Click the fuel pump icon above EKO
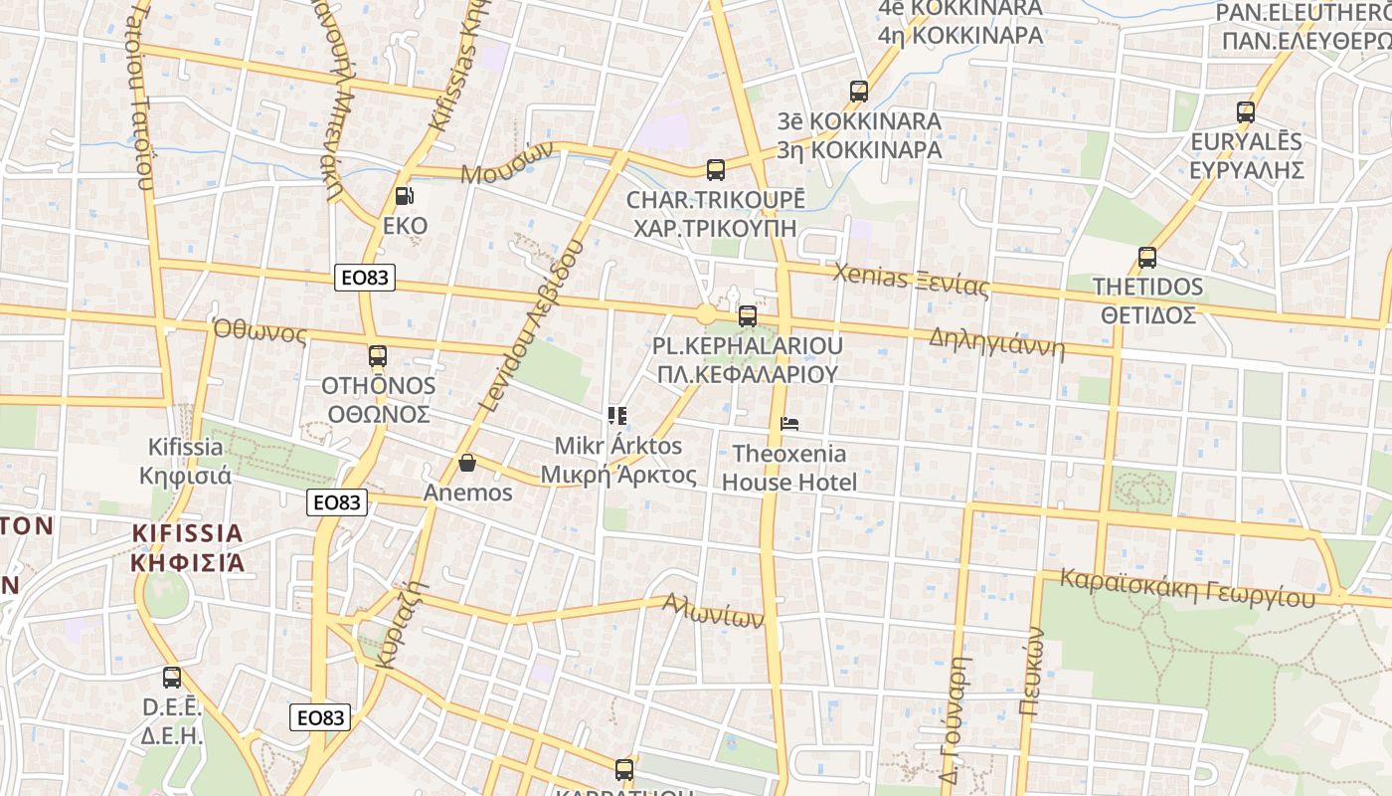pyautogui.click(x=405, y=197)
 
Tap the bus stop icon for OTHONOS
pyautogui.click(x=378, y=356)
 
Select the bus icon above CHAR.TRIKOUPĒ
pyautogui.click(x=716, y=170)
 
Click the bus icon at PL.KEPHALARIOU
pyautogui.click(x=748, y=316)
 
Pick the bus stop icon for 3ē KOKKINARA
pyautogui.click(x=859, y=92)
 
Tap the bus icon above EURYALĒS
pyautogui.click(x=1246, y=112)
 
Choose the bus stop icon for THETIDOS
pyautogui.click(x=1147, y=258)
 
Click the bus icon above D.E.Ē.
pyautogui.click(x=172, y=679)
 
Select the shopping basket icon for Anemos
pyautogui.click(x=467, y=463)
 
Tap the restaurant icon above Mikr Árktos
pyautogui.click(x=617, y=415)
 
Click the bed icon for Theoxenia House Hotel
pyautogui.click(x=789, y=424)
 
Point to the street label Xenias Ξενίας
pyautogui.click(x=912, y=280)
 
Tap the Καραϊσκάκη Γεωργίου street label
pyautogui.click(x=1187, y=588)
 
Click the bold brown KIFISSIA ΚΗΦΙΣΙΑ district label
pyautogui.click(x=187, y=547)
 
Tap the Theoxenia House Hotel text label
pyautogui.click(x=789, y=468)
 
